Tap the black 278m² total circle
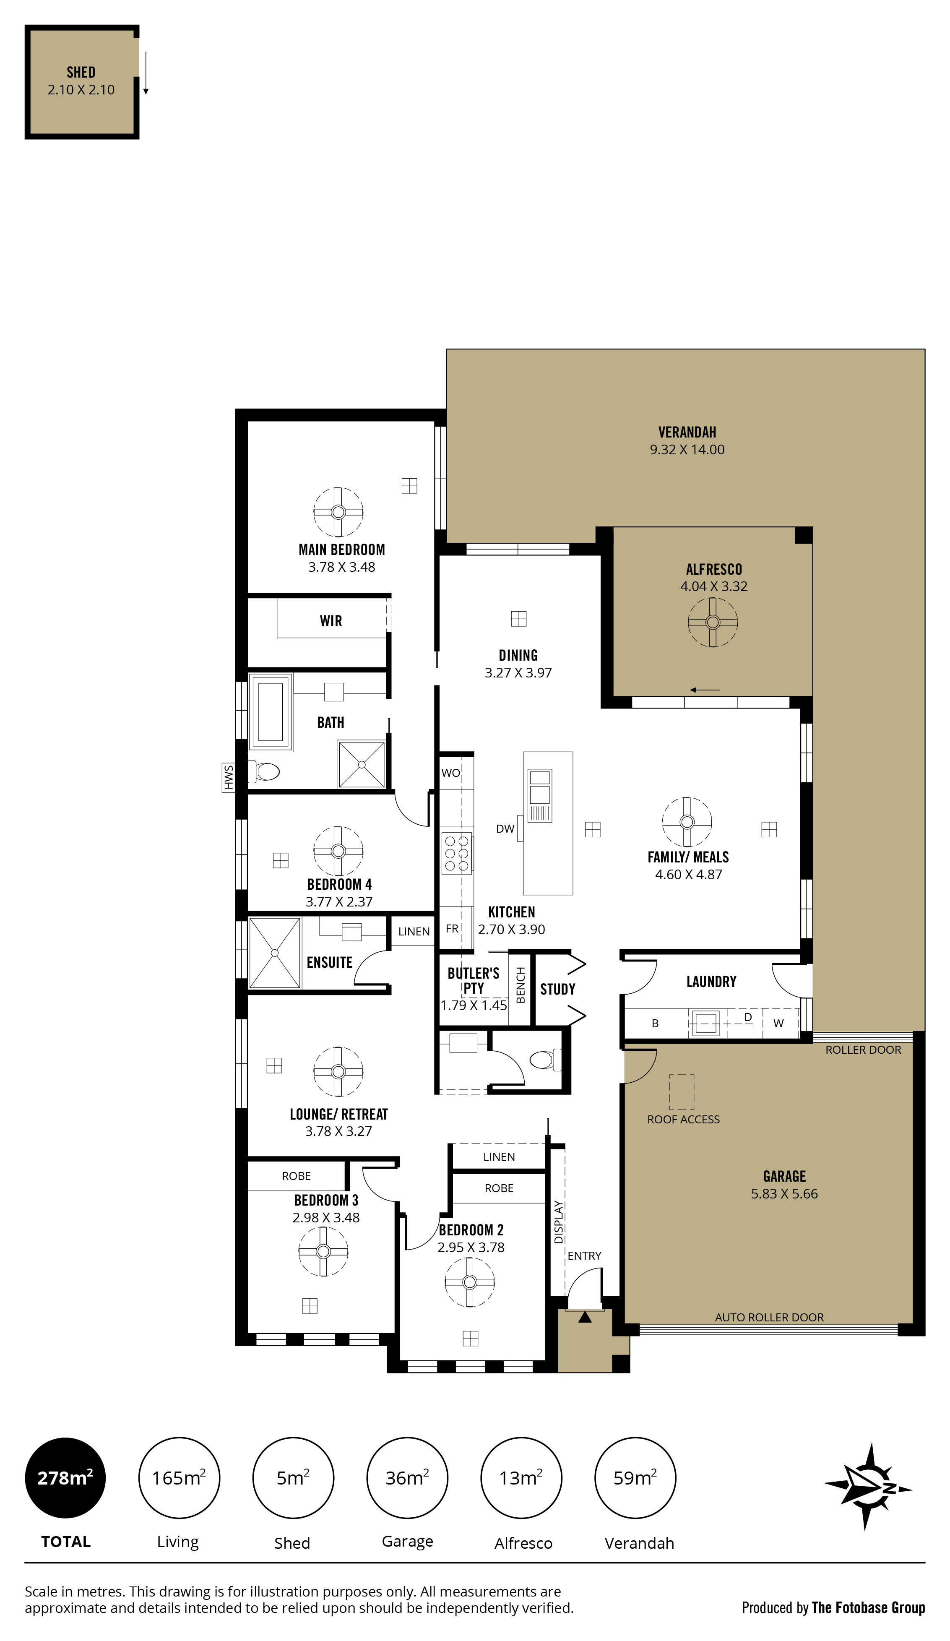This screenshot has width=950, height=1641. coord(65,1479)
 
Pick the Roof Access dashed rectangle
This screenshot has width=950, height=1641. coord(682,1092)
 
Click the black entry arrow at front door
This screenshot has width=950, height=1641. coord(585,1317)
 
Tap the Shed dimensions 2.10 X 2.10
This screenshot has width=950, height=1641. coord(81,90)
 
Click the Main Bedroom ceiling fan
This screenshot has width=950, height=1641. coord(338,512)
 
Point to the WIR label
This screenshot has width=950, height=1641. coord(331,620)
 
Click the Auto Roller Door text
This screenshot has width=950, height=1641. coord(769,1317)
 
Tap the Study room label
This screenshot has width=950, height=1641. coord(557,989)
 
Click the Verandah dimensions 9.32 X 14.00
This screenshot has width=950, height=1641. coord(687,449)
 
